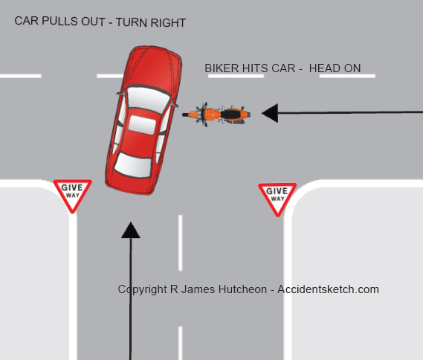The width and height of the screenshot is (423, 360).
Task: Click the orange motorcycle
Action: pos(216,115)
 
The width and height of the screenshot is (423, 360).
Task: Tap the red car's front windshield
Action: pos(148,98)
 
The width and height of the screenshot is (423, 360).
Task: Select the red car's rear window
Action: pos(133,165)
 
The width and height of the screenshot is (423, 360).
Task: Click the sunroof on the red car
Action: pos(142,125)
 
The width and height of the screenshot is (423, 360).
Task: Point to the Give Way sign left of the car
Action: pos(73,195)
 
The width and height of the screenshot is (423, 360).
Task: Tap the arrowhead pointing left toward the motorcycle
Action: pos(270,113)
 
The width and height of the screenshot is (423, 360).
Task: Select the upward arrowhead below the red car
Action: pos(131,230)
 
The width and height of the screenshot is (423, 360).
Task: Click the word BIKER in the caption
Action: pos(222,68)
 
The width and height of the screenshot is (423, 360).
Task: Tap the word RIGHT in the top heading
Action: pos(168,23)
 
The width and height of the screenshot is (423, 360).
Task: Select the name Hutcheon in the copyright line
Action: pos(242,289)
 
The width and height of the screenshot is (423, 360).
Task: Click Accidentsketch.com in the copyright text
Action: pos(328,289)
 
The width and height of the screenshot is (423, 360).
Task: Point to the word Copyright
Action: pos(142,290)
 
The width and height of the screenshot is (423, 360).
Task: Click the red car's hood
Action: pos(155,68)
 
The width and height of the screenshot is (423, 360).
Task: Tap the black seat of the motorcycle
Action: pos(230,114)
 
